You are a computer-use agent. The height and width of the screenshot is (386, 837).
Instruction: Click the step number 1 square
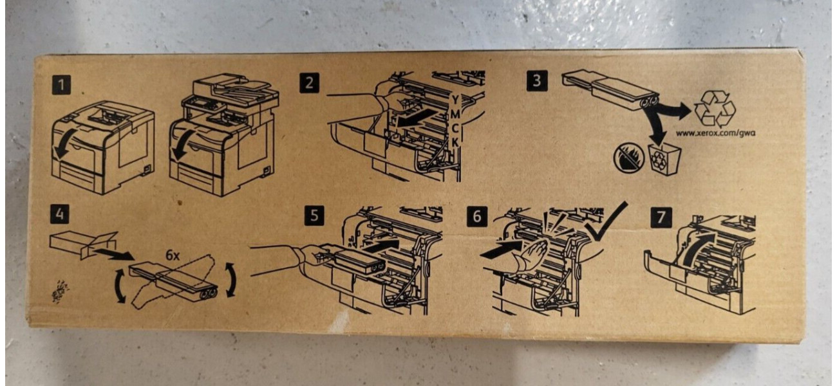pos(61,85)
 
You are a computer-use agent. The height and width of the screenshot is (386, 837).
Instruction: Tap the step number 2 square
pos(309,82)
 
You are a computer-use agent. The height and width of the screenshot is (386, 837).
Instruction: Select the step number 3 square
pos(537,80)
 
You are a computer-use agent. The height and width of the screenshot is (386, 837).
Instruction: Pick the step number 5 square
pos(314,216)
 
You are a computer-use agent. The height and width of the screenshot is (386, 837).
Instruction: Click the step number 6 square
pos(477,217)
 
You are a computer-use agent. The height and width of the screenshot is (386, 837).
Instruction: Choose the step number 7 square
pos(661,217)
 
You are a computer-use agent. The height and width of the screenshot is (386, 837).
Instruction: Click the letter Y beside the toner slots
pos(455,100)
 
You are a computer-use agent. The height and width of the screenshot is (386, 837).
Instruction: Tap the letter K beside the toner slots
pos(455,142)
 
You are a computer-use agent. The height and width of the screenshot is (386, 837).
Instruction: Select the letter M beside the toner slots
pos(455,114)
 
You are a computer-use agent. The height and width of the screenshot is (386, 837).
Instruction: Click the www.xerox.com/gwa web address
pos(715,133)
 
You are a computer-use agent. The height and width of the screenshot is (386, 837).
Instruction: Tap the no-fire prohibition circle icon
pos(629,159)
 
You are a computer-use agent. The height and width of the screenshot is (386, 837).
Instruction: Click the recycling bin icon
pos(664,160)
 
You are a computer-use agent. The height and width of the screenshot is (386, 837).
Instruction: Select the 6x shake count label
pos(173,255)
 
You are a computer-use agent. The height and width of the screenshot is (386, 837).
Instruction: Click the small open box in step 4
pos(83,242)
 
